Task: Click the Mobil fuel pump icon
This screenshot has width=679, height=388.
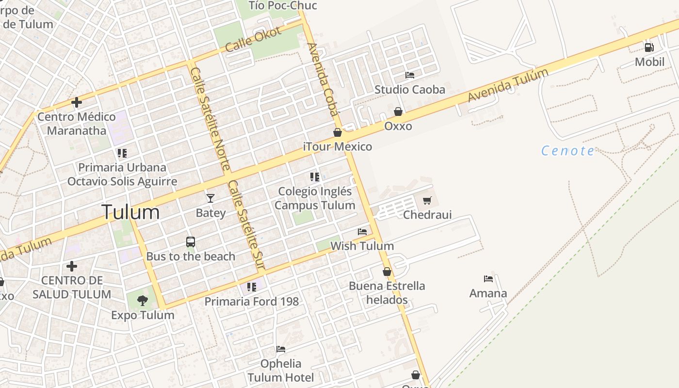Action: click(649, 48)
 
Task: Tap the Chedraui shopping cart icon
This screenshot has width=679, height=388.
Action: click(427, 200)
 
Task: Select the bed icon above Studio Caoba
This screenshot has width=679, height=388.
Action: click(410, 75)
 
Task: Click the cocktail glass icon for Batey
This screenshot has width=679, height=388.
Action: click(210, 198)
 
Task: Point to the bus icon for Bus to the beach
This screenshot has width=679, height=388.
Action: click(191, 242)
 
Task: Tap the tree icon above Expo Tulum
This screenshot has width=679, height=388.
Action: click(142, 300)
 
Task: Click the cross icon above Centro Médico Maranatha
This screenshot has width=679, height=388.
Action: click(76, 102)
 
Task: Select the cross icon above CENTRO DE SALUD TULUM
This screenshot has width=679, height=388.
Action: click(72, 266)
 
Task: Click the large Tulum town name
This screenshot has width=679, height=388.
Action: click(130, 212)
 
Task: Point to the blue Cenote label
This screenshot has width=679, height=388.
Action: click(568, 151)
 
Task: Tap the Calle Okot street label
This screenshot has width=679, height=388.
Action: click(253, 39)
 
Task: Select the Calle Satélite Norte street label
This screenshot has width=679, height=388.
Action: click(210, 119)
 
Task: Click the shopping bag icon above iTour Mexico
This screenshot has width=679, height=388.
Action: click(338, 132)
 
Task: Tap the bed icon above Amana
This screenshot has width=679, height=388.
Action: click(488, 279)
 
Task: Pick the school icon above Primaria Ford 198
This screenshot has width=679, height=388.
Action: click(251, 287)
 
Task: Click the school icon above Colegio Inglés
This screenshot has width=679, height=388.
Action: click(315, 177)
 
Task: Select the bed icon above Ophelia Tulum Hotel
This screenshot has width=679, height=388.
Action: click(280, 349)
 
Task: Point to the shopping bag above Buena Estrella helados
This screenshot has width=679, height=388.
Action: click(387, 272)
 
